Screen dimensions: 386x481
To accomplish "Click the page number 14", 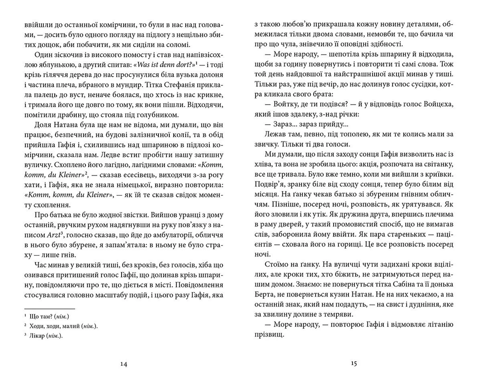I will (124, 364).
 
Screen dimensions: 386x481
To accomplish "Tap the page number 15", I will (354, 363).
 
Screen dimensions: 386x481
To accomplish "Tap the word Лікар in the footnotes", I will (37, 336).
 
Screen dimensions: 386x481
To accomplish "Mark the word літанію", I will (440, 324).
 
